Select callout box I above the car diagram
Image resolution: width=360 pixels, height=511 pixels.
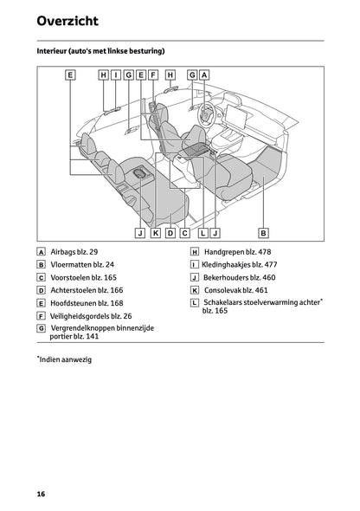[x=116, y=75]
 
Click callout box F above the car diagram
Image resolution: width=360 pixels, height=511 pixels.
[x=153, y=75]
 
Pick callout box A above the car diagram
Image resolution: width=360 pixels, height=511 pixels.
[x=204, y=75]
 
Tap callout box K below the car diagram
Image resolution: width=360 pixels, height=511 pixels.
[x=155, y=233]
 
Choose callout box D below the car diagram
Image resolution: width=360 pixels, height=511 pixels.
[x=170, y=233]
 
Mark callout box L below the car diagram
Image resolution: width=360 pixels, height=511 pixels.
[x=202, y=233]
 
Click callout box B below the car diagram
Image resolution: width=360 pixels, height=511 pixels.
[x=264, y=233]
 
